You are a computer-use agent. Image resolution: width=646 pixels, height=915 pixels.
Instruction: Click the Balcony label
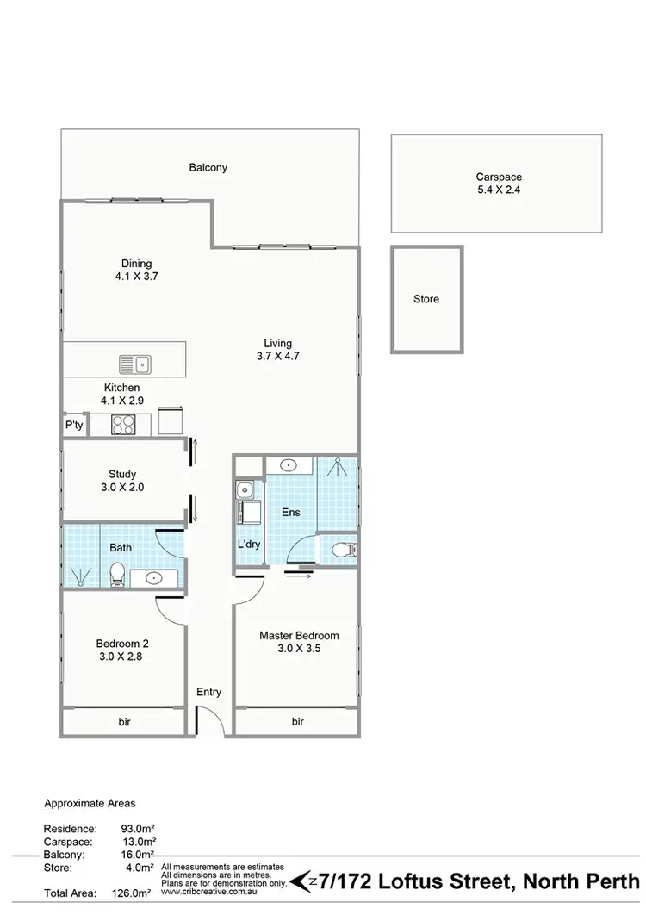(208, 168)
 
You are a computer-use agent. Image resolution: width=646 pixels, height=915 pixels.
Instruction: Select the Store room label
(426, 299)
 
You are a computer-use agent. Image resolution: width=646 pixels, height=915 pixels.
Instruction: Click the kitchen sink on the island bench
(134, 364)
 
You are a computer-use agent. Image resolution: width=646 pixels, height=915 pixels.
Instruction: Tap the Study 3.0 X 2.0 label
(122, 481)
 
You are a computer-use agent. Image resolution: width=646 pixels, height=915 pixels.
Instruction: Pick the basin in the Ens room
(290, 466)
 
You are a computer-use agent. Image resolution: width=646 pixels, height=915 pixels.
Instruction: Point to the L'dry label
(249, 545)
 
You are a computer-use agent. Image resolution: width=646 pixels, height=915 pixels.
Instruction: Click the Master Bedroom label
(299, 642)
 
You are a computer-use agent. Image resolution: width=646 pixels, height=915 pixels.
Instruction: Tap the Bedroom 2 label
(122, 649)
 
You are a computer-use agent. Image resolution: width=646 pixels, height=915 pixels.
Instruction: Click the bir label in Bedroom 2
(124, 721)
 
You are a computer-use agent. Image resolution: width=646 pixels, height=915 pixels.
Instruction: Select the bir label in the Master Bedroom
(298, 721)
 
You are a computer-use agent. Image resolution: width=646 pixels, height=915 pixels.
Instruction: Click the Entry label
(208, 692)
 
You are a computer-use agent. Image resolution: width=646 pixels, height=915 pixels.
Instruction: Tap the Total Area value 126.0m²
(138, 893)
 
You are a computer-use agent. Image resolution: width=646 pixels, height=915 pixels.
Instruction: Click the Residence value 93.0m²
(138, 829)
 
